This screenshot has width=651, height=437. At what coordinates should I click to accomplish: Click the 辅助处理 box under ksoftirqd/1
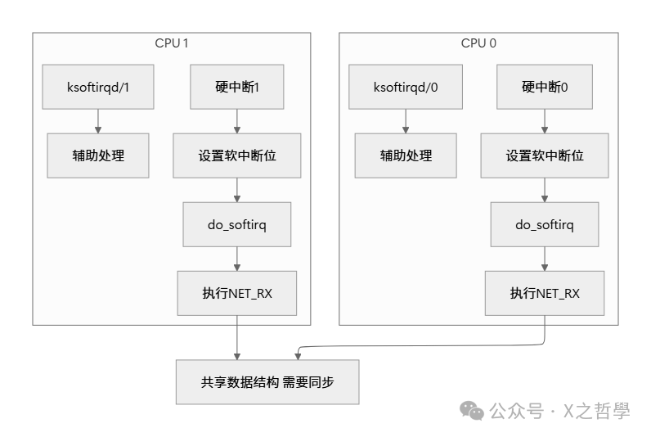98,155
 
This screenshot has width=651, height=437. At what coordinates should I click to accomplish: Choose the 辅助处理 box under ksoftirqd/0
406,155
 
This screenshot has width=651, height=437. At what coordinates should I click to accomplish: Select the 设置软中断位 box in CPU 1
237,155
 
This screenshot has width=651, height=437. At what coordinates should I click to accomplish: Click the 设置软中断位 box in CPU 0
545,155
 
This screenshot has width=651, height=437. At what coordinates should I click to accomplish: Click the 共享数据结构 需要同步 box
267,381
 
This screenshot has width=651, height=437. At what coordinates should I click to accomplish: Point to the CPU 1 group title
172,43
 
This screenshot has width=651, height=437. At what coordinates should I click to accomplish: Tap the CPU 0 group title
478,43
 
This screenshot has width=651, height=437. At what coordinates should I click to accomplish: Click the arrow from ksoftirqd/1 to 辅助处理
98,121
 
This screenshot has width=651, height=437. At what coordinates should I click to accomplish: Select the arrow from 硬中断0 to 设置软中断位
545,121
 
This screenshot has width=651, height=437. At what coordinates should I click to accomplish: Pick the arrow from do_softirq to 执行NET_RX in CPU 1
237,259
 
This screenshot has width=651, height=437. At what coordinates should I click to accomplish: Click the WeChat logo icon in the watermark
471,410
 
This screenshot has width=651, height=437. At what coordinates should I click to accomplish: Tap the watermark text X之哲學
596,411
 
